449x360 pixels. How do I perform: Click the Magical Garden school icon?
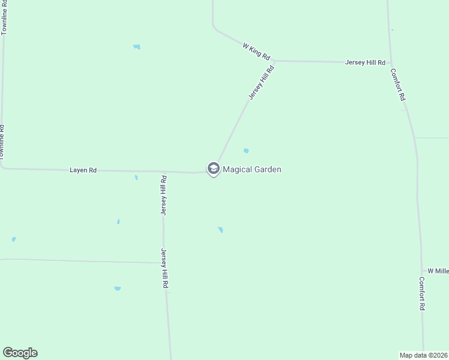(x=213, y=169)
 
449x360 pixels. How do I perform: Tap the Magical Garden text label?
(x=252, y=170)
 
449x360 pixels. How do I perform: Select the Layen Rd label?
(x=83, y=170)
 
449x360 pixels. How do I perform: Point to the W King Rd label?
(x=256, y=50)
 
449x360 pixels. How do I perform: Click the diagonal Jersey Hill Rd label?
(x=261, y=82)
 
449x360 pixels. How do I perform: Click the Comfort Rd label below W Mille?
(x=423, y=293)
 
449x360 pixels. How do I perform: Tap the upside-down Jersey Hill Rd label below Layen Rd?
(x=163, y=195)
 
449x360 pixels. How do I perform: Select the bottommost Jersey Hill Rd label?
(x=164, y=269)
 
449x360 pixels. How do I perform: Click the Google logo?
(x=20, y=353)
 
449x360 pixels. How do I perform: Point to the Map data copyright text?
(x=424, y=355)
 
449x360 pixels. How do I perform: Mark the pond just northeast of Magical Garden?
(x=246, y=151)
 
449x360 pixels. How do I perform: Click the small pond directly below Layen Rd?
(x=136, y=177)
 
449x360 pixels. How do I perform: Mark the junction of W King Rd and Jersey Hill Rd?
(x=274, y=61)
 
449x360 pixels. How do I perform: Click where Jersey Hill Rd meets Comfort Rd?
(x=391, y=62)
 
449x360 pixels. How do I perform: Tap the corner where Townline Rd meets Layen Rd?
(x=2, y=168)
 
